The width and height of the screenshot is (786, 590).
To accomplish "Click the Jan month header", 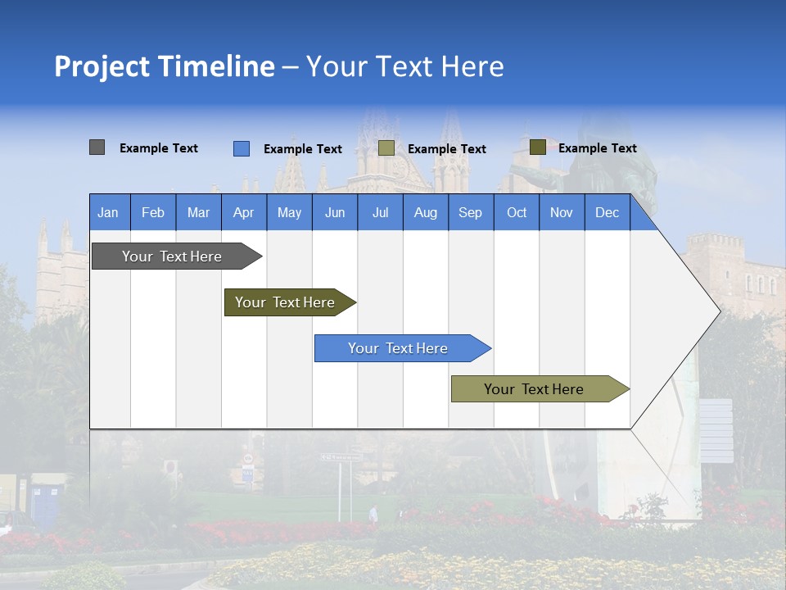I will click(x=109, y=212).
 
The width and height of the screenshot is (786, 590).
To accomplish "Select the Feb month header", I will click(x=153, y=212).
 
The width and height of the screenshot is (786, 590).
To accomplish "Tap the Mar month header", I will click(x=198, y=212).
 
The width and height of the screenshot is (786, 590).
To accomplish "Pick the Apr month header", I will click(x=244, y=212).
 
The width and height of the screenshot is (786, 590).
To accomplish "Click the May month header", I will click(x=289, y=212).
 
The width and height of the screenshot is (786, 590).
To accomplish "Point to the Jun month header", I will click(x=335, y=212).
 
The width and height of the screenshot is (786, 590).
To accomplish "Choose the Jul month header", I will click(x=380, y=212).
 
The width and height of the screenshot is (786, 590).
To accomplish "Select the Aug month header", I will click(x=426, y=212).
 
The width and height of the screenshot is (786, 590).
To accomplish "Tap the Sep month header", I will click(x=471, y=212).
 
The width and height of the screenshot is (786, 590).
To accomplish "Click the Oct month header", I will click(x=517, y=212).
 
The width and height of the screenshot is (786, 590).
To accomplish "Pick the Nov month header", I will click(x=562, y=212).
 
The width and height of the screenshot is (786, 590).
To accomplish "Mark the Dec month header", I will click(x=608, y=212).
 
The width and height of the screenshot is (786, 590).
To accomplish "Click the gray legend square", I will click(x=97, y=147).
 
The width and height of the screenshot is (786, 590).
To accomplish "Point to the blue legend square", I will click(x=242, y=148).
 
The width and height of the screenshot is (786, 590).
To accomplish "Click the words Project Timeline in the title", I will click(x=165, y=66).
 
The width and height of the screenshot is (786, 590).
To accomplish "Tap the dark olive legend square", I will click(x=538, y=147).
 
